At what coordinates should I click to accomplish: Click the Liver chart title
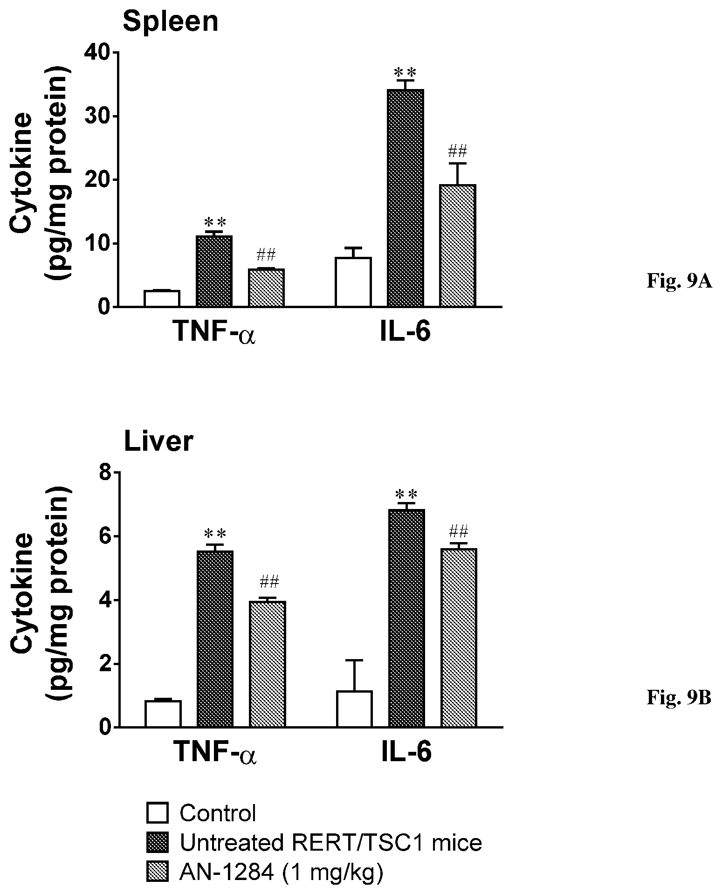coord(158,441)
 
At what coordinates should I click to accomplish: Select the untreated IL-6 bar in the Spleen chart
coord(406,198)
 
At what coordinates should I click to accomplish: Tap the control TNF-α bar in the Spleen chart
coord(162,298)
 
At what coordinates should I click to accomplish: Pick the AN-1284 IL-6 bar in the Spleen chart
coord(458,246)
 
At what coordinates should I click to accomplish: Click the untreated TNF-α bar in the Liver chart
coord(215,639)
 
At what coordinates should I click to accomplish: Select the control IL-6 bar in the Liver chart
coord(354,709)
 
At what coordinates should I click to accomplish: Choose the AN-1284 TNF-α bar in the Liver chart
coord(268,664)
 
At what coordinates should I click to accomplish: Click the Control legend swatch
coord(157,813)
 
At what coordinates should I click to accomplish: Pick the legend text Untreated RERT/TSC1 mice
coord(331,843)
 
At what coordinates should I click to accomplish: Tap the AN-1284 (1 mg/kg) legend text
coord(282,873)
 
